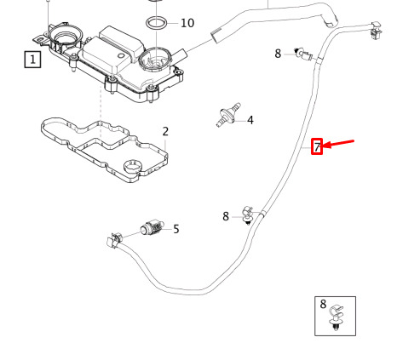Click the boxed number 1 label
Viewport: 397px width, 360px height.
click(32, 60)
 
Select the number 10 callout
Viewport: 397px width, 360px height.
click(187, 23)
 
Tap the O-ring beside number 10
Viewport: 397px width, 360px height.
click(157, 23)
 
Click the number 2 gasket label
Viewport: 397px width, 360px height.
click(165, 131)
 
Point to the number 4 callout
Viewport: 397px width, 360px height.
click(250, 120)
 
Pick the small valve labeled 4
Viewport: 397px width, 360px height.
click(228, 115)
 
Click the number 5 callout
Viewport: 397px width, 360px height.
click(176, 229)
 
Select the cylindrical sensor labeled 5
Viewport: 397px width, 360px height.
click(152, 228)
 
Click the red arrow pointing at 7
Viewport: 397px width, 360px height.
click(338, 144)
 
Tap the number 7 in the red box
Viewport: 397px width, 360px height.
click(317, 146)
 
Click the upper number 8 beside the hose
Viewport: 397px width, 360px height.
click(278, 54)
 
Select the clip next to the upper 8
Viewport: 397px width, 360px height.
click(304, 54)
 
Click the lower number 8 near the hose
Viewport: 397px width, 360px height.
click(226, 216)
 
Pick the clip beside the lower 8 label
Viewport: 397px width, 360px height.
click(248, 215)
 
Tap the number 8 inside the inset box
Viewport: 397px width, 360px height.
click(323, 304)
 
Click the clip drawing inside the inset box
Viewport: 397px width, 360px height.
click(337, 317)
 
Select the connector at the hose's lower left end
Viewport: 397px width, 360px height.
click(114, 240)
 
